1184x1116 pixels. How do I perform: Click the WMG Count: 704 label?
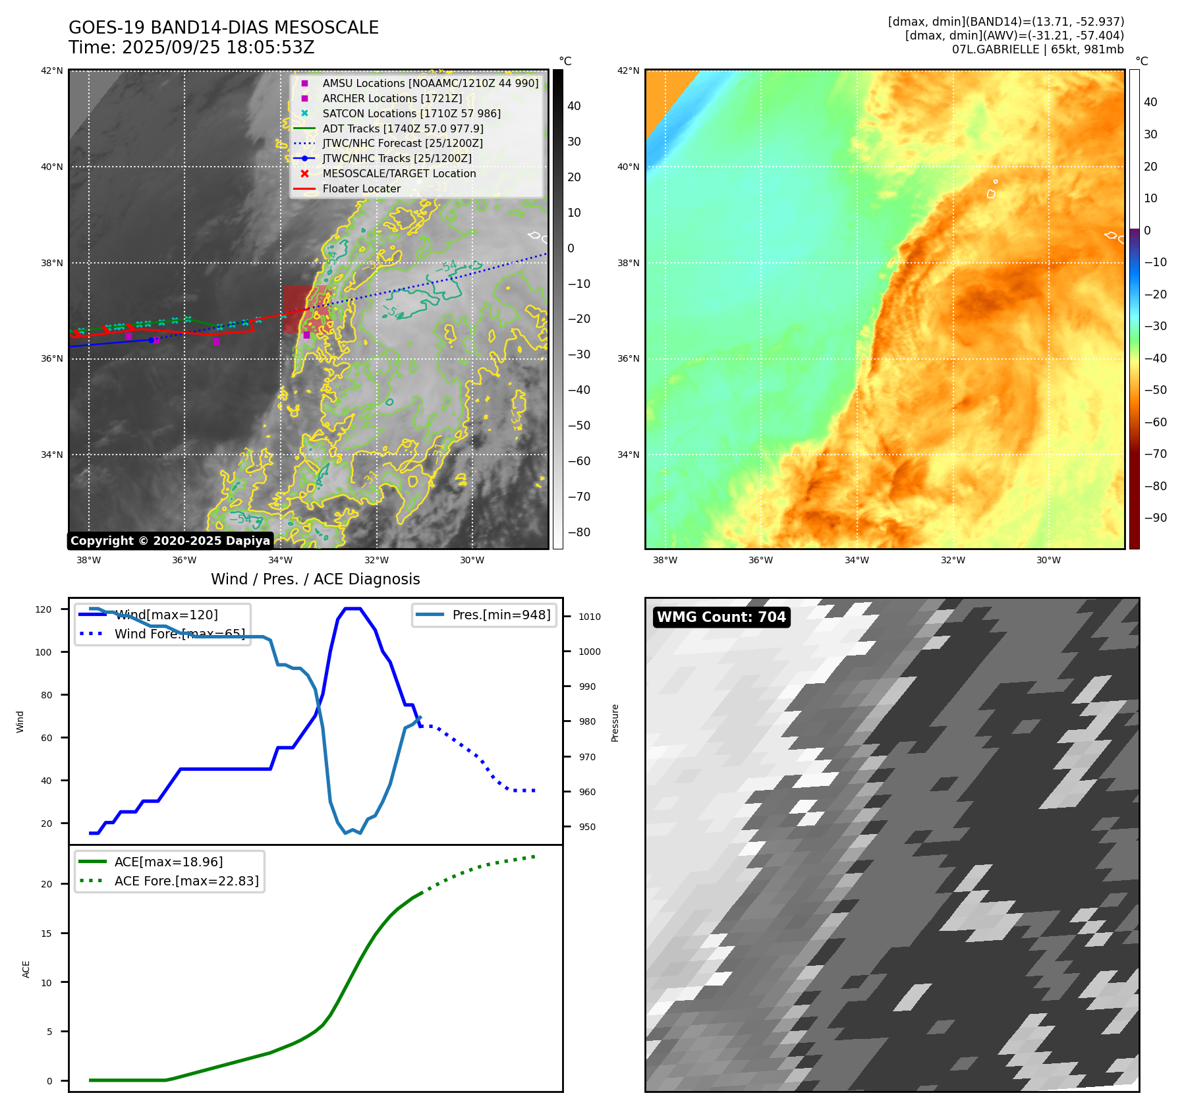tap(721, 617)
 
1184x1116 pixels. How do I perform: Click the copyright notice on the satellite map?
tap(170, 541)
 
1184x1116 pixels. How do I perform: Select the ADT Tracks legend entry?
tap(403, 128)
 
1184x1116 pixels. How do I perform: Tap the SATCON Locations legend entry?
tap(411, 113)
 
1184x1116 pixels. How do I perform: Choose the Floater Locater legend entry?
tap(361, 188)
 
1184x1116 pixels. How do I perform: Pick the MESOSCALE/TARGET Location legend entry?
tap(399, 173)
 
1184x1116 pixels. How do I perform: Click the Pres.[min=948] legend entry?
tap(501, 615)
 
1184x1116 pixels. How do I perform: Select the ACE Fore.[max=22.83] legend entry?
tap(186, 881)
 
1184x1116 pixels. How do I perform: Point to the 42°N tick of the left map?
tap(52, 70)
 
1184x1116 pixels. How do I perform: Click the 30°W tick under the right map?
tap(1048, 560)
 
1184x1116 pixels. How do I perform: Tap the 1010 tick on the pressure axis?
tap(590, 617)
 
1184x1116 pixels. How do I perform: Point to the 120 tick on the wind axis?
tap(43, 609)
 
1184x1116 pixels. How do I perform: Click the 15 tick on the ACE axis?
tap(47, 933)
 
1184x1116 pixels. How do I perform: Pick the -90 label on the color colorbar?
tap(1155, 518)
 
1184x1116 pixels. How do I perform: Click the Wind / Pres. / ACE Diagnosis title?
tap(315, 579)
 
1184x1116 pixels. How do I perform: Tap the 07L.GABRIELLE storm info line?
tap(1038, 49)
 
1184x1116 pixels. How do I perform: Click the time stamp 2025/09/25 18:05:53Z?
tap(192, 47)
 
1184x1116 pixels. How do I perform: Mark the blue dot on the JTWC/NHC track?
tap(152, 340)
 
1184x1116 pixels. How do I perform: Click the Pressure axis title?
tap(615, 723)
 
